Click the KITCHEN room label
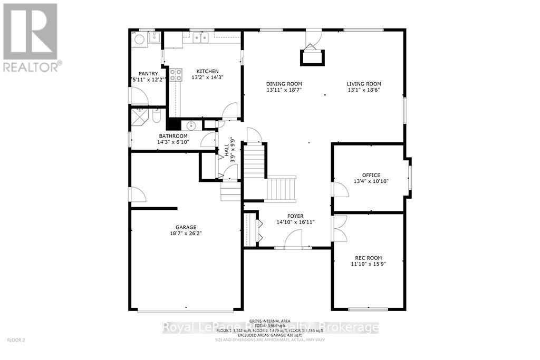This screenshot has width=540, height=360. point(207,72)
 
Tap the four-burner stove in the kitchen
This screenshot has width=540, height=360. point(176,74)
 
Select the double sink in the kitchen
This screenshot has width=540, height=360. point(200,37)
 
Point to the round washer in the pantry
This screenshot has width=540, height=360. point(138,38)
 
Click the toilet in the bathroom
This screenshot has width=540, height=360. point(156,115)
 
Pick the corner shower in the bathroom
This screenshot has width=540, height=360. point(140,115)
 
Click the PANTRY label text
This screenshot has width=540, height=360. point(148,74)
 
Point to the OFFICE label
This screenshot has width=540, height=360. point(371,176)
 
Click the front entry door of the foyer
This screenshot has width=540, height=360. point(293,240)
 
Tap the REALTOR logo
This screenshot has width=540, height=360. point(31,37)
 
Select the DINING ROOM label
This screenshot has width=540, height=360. point(284,84)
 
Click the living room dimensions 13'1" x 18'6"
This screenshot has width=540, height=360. point(363,90)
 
